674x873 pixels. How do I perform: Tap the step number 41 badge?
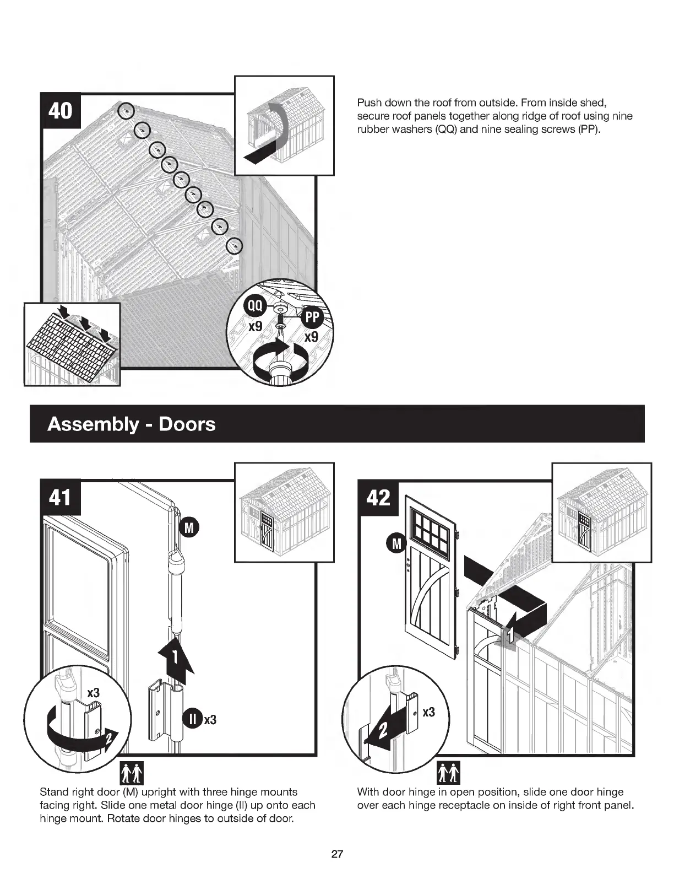[x=61, y=498]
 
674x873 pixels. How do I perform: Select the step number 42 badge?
[x=378, y=498]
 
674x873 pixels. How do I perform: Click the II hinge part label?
[x=193, y=719]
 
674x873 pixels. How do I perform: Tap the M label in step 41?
[x=189, y=528]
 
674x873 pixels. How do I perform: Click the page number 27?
[x=337, y=855]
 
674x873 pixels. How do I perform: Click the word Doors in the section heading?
[x=187, y=424]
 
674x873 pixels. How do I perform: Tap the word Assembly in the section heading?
[x=93, y=424]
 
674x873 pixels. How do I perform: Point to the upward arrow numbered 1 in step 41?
[x=175, y=658]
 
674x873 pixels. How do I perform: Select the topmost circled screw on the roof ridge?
[x=127, y=111]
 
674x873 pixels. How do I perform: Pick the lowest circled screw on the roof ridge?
[x=235, y=245]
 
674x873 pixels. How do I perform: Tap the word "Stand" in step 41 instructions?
[x=55, y=792]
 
